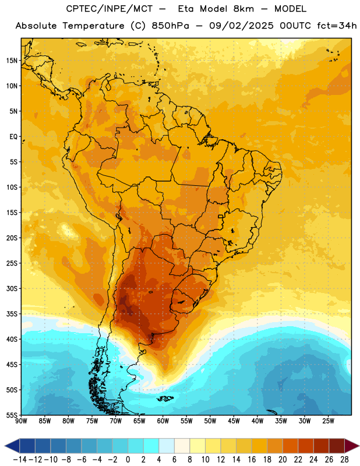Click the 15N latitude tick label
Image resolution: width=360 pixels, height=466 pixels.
[12, 61]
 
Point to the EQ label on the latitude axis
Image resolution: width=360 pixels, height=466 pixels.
[13, 137]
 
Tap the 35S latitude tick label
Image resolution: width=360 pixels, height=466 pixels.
[12, 314]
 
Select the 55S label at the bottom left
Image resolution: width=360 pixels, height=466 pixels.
[12, 415]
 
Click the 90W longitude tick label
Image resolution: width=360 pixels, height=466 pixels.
[21, 421]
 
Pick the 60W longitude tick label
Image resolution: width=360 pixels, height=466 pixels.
[163, 421]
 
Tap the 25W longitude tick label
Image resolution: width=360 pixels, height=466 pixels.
[328, 421]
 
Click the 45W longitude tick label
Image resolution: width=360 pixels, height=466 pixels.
[234, 421]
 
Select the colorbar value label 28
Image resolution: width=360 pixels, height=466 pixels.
[344, 460]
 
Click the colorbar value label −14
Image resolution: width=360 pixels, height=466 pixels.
[20, 460]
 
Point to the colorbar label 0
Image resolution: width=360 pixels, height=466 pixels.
[128, 460]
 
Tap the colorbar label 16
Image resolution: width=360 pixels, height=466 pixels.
[252, 460]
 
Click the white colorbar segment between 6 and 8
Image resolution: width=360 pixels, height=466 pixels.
[182, 446]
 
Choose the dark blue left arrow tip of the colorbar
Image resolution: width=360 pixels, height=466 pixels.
[5, 446]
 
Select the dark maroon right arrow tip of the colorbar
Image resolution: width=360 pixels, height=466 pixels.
[359, 446]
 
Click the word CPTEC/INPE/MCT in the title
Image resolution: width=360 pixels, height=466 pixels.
[110, 9]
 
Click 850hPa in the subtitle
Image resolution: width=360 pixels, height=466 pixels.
[170, 26]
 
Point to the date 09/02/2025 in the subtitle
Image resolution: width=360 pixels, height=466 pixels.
[241, 26]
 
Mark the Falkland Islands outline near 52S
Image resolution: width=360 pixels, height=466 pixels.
[165, 398]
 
